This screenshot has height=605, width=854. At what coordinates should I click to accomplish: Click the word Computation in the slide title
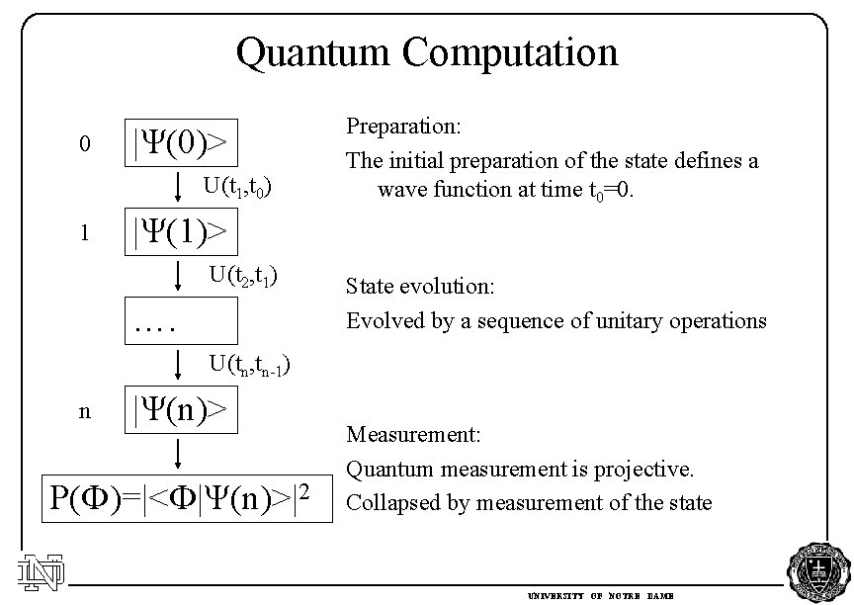pos(509,51)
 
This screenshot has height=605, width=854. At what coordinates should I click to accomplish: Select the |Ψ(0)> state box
pos(180,144)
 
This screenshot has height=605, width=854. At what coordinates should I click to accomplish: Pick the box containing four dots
pos(180,320)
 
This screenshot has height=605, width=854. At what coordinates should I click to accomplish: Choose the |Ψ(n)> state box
pos(180,409)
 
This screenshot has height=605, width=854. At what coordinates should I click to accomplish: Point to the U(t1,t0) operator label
pos(238,186)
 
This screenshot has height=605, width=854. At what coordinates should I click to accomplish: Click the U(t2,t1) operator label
pos(242,274)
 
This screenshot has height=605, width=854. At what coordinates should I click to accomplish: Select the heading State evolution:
pos(420,288)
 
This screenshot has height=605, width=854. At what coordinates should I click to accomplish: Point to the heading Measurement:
pos(413,434)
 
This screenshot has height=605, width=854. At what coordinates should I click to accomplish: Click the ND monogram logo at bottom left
pos(41,570)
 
